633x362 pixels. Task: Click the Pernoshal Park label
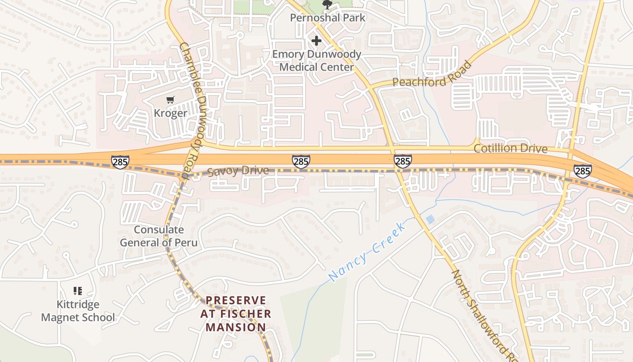pos(328,18)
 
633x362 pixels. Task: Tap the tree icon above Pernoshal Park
pos(327,5)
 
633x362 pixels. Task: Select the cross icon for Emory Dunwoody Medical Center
pos(316,41)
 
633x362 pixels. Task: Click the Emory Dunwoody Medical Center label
pos(316,61)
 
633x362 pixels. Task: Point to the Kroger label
pos(170,113)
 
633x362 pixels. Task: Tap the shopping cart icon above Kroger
pos(170,100)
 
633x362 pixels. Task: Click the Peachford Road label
pos(432,75)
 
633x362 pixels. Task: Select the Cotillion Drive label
pos(510,148)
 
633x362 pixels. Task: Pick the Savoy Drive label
pos(238,171)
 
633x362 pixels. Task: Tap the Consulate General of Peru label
pos(159,236)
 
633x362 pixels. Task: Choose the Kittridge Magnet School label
pos(78,311)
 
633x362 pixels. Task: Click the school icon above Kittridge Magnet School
pos(78,291)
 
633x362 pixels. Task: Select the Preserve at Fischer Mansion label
pos(236,314)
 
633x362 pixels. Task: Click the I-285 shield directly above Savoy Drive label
pos(301,161)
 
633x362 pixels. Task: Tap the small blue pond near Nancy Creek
pos(430,219)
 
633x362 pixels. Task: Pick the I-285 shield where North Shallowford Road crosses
pos(402,161)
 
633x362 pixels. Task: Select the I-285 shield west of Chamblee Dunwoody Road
pos(120,162)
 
